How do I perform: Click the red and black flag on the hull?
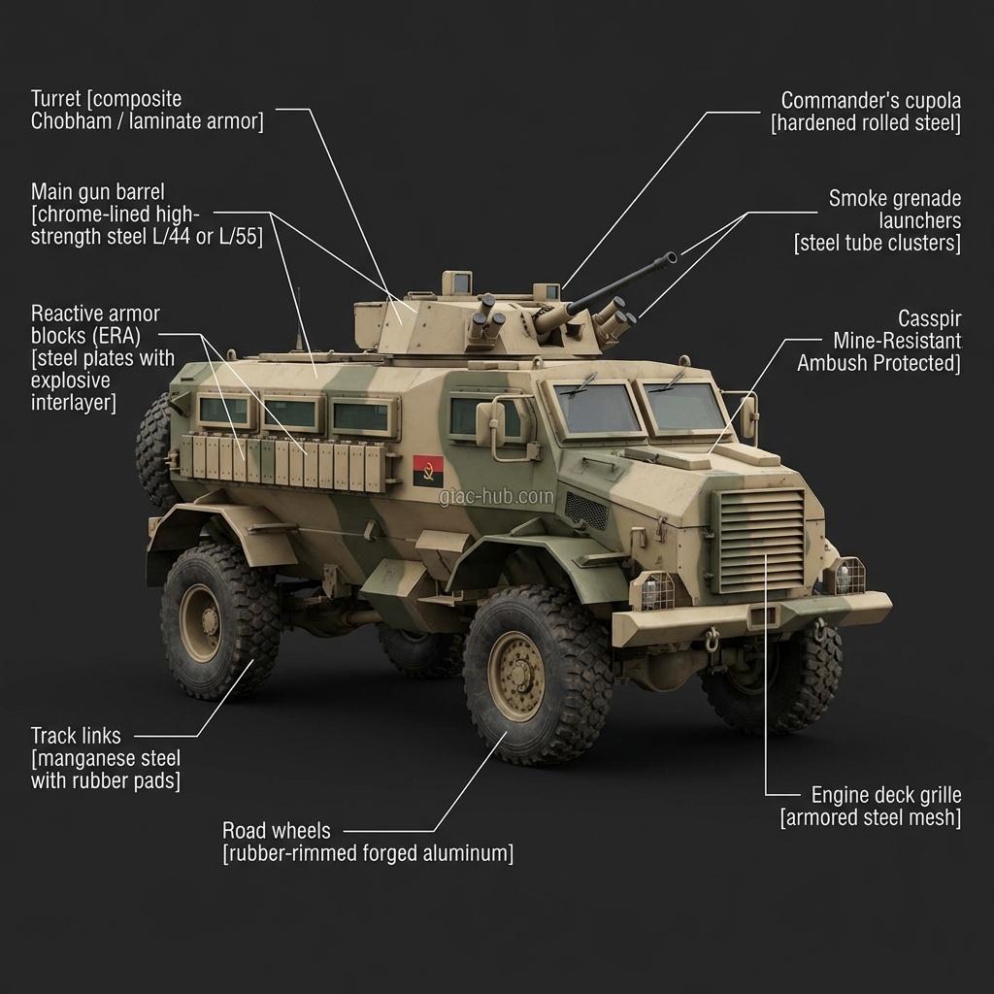click(428, 472)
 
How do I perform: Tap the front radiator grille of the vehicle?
click(759, 541)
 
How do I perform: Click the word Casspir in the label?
click(929, 319)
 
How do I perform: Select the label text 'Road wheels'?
click(276, 831)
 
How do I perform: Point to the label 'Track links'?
click(76, 736)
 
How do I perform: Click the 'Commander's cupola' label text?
click(871, 101)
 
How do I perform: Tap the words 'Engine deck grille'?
click(885, 795)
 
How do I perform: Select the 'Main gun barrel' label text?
click(97, 191)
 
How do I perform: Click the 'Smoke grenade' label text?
click(894, 199)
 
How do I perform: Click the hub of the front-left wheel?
click(515, 676)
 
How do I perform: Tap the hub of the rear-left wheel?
click(201, 622)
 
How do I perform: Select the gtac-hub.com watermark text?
click(496, 497)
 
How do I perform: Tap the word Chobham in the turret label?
click(73, 121)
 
